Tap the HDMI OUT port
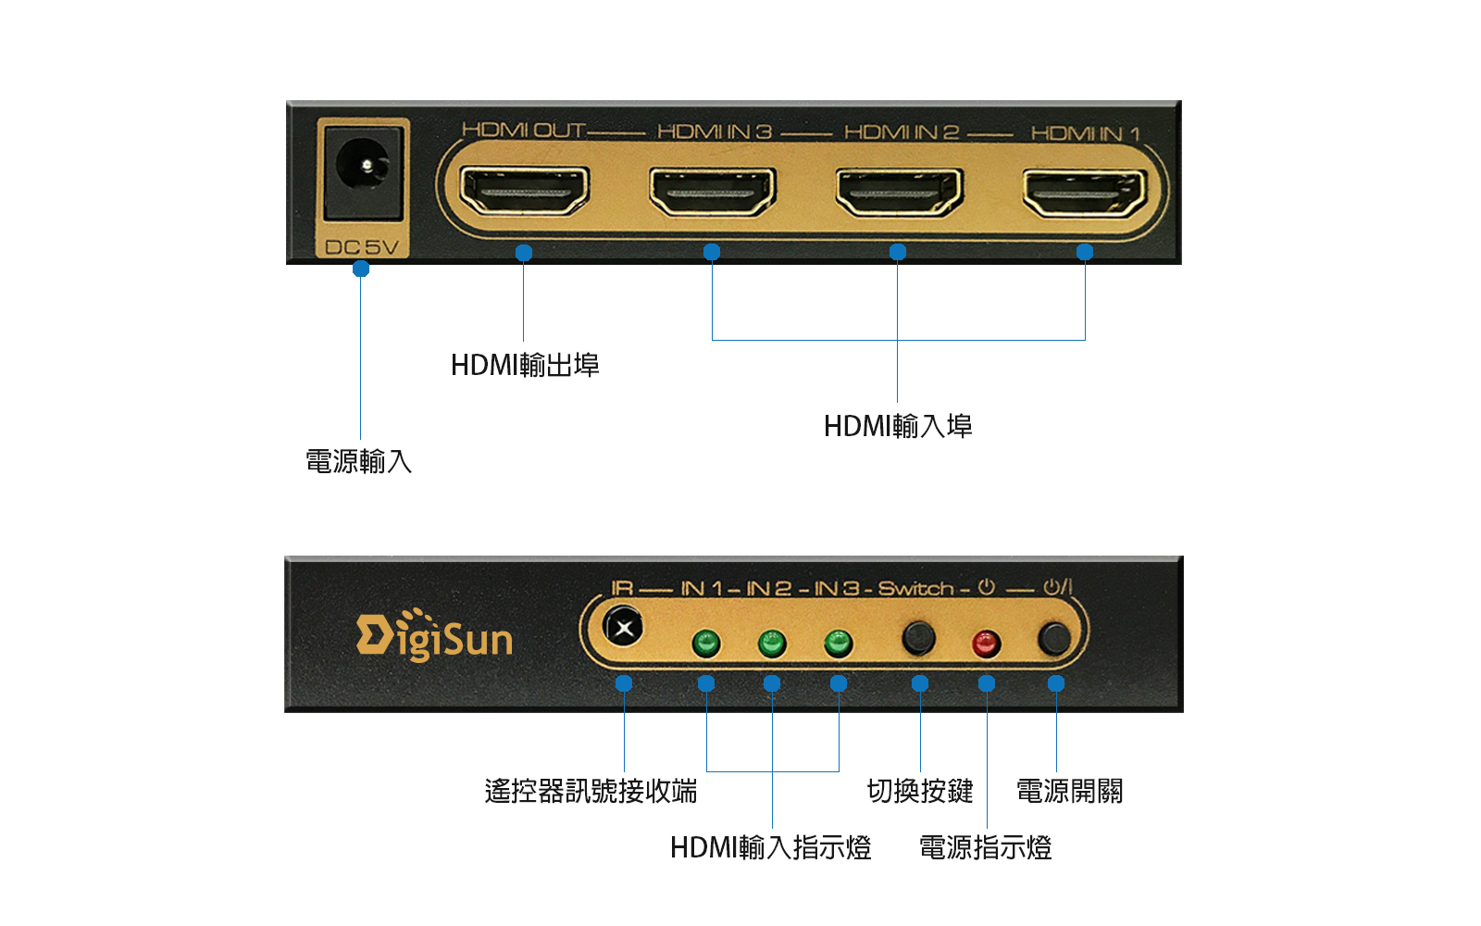pyautogui.click(x=524, y=191)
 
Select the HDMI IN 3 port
pyautogui.click(x=712, y=192)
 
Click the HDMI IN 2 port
pyautogui.click(x=899, y=193)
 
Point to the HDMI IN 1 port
pyautogui.click(x=1085, y=194)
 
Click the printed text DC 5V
pyautogui.click(x=362, y=247)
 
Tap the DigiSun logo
pyautogui.click(x=434, y=635)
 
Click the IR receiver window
pyautogui.click(x=623, y=628)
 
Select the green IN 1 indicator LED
pyautogui.click(x=705, y=643)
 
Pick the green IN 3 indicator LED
pyautogui.click(x=838, y=643)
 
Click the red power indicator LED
pyautogui.click(x=986, y=643)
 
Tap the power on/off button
pyautogui.click(x=1054, y=638)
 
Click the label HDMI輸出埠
pyautogui.click(x=525, y=365)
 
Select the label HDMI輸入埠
pyautogui.click(x=898, y=426)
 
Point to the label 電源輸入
pyautogui.click(x=359, y=462)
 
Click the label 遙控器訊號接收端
pyautogui.click(x=591, y=791)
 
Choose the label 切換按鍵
pyautogui.click(x=920, y=791)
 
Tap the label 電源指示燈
pyautogui.click(x=985, y=848)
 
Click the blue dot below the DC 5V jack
pyautogui.click(x=361, y=269)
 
